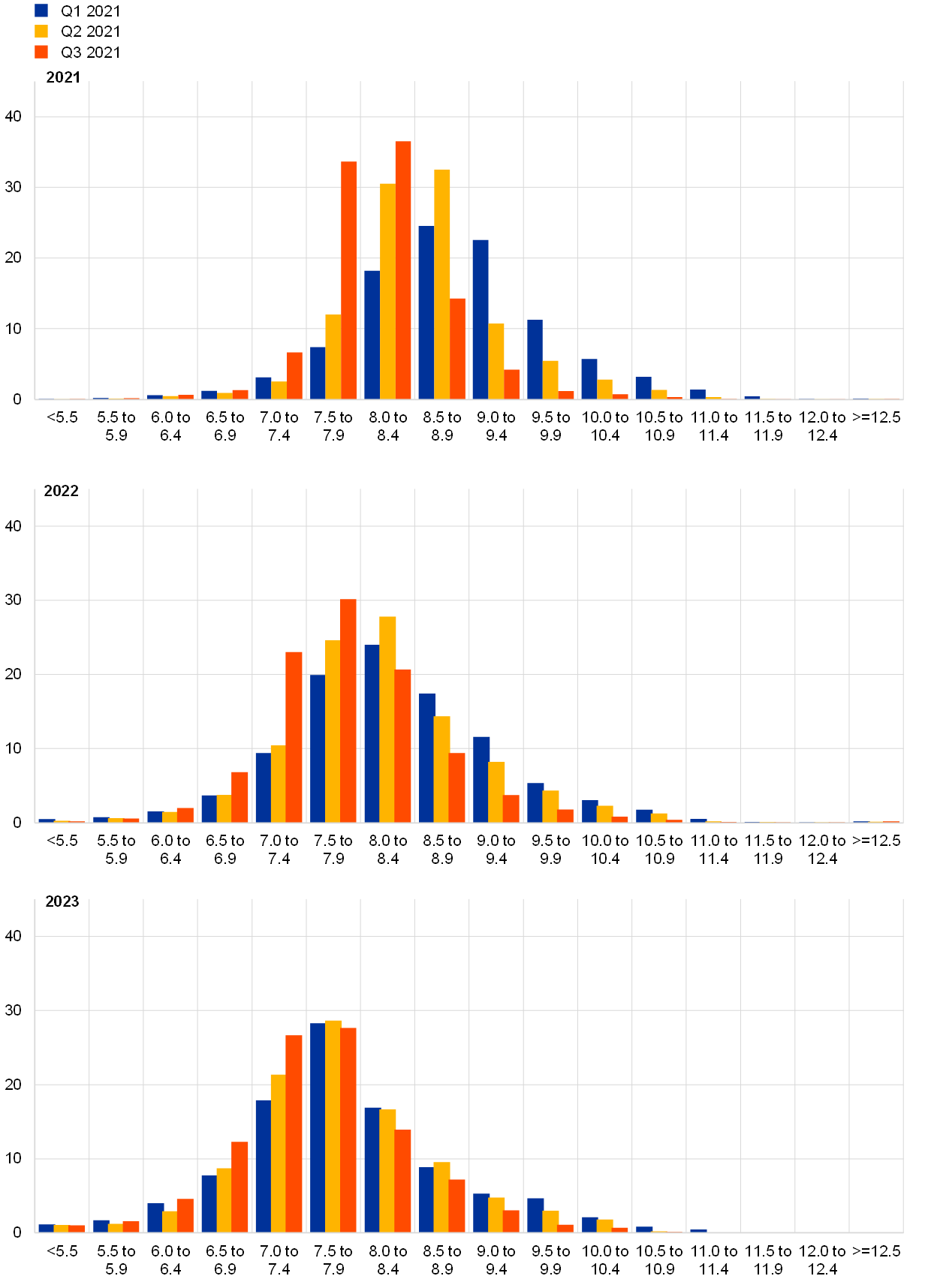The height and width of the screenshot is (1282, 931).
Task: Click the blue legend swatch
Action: click(x=41, y=11)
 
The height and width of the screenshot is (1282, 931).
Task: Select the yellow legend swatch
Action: click(x=41, y=31)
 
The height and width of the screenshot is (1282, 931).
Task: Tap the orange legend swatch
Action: click(x=41, y=52)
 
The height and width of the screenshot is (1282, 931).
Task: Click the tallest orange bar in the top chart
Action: click(x=403, y=270)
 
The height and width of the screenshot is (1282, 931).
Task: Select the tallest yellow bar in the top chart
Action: click(x=442, y=284)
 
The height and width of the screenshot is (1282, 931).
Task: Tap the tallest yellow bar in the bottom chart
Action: click(x=333, y=1126)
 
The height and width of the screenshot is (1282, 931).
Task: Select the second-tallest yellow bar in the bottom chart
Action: click(x=387, y=1170)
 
